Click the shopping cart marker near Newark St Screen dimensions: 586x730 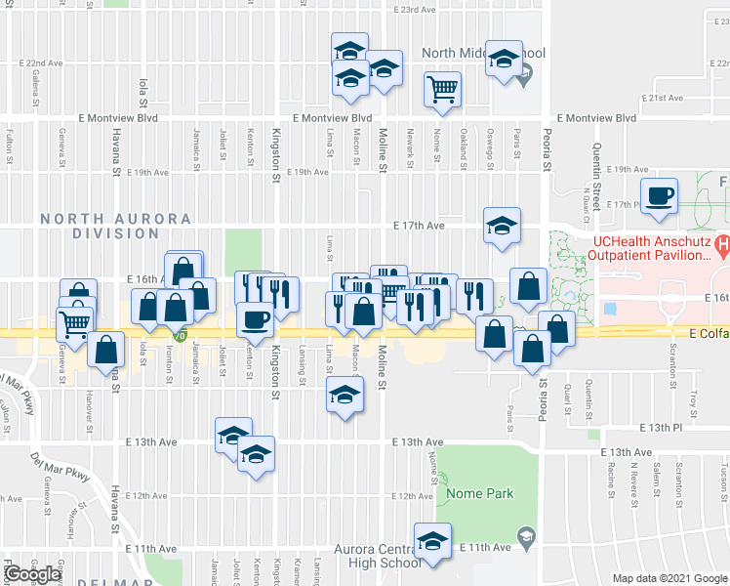tap(442, 89)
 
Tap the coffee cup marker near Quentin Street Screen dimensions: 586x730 tap(659, 194)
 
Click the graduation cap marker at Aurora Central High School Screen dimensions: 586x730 tap(432, 540)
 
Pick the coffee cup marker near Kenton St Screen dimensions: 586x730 tap(257, 319)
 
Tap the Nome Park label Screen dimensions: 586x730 tap(479, 493)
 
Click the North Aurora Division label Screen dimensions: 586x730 tap(101, 226)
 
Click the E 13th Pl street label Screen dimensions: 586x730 tap(662, 428)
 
